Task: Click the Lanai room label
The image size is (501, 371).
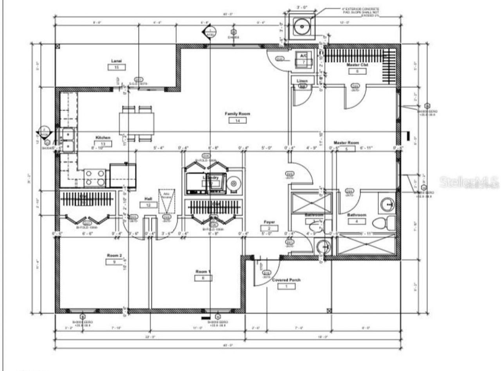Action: (116, 61)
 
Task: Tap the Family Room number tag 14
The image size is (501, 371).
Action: (237, 121)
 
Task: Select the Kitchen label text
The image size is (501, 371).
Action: (103, 138)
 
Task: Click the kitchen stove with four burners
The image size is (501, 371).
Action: (95, 177)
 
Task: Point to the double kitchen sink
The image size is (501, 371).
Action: (68, 140)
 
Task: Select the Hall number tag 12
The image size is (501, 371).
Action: (148, 205)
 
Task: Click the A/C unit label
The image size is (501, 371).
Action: (303, 56)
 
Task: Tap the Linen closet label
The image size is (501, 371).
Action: (302, 81)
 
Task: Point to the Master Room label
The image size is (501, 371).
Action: (346, 143)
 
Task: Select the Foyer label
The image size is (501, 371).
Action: (270, 222)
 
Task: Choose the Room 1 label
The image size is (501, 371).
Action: (203, 271)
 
